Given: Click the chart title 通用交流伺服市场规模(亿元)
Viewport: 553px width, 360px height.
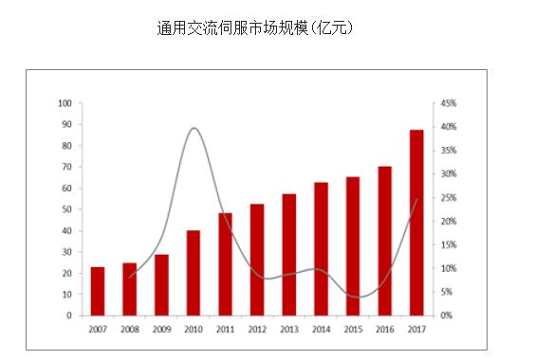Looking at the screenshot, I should [x=254, y=28].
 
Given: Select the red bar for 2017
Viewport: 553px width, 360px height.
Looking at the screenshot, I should [x=416, y=223].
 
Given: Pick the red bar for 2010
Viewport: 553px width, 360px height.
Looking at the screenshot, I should [x=194, y=273].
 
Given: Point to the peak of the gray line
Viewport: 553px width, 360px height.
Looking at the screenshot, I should [x=194, y=128].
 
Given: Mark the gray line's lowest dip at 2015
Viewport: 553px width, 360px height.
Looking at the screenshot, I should [x=355, y=297].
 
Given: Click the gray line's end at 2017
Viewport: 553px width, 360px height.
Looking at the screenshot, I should [x=416, y=200].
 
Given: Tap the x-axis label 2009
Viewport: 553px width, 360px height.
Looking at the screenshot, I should [x=161, y=329].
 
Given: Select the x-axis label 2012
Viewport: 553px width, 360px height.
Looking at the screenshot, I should [x=257, y=329].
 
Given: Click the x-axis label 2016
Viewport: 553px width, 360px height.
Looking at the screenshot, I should [x=384, y=329].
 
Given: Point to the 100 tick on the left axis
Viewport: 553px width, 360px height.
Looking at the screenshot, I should [x=65, y=103].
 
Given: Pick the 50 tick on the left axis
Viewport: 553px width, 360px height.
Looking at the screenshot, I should [x=67, y=209].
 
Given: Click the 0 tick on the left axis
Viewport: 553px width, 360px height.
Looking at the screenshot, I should [x=70, y=315].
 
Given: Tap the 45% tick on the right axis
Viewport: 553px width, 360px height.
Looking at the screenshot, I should [x=449, y=103].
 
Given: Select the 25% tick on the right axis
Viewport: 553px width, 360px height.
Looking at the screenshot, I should [x=449, y=198].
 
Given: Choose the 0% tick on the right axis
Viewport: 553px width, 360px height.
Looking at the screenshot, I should [x=447, y=315].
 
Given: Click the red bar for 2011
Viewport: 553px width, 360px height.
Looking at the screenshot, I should [x=226, y=264].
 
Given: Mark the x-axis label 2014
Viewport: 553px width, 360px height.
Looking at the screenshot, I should [x=321, y=329].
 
